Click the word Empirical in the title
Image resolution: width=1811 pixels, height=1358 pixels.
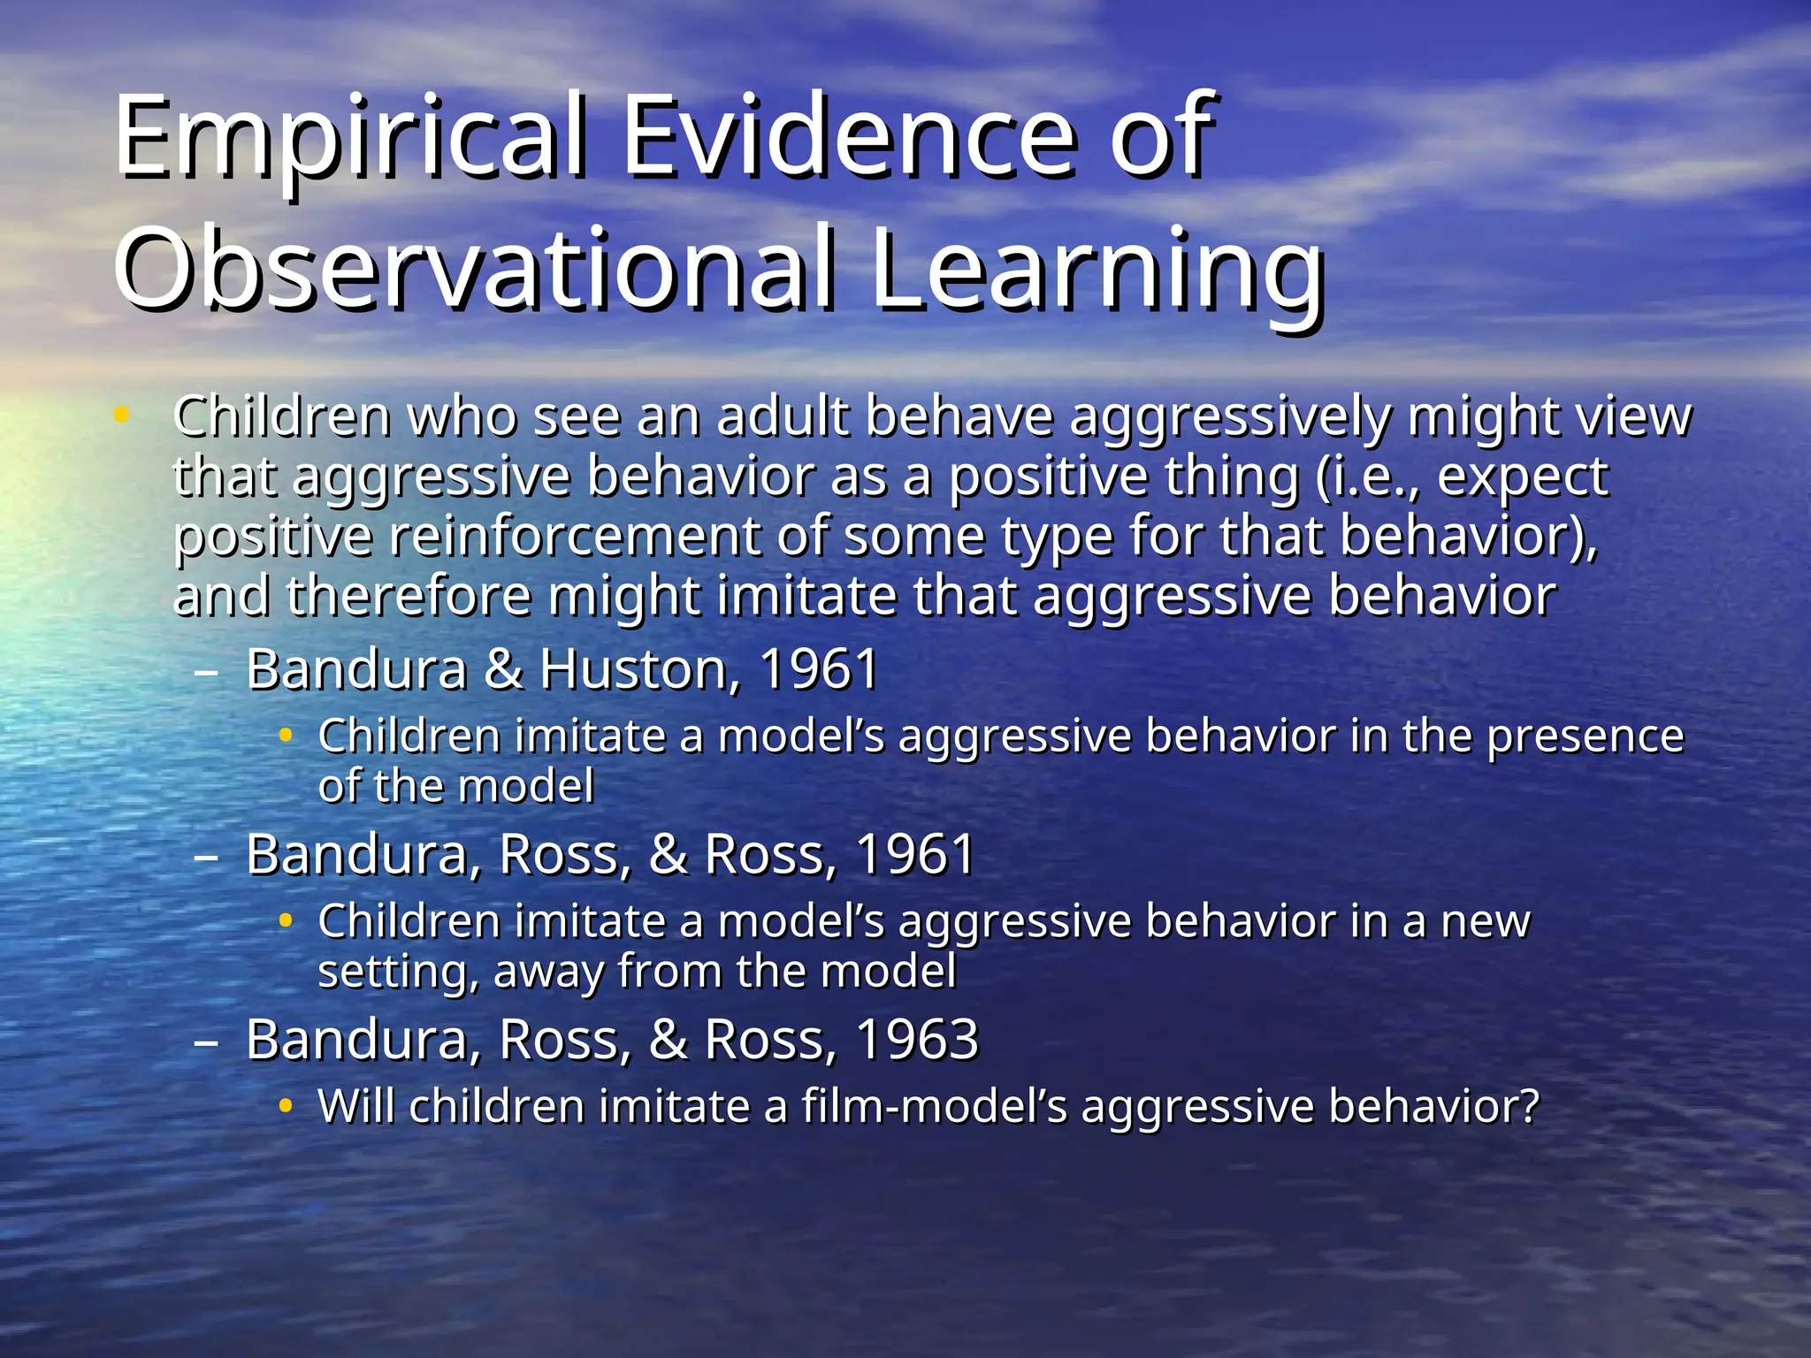[x=349, y=138]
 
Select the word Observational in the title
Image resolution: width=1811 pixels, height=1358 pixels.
[x=473, y=270]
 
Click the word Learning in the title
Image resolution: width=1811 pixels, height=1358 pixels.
[x=1097, y=270]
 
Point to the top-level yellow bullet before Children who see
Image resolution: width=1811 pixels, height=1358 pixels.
[x=122, y=414]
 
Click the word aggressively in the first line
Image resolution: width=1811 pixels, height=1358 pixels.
[x=1230, y=417]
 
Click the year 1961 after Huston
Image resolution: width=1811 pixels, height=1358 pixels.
[x=819, y=669]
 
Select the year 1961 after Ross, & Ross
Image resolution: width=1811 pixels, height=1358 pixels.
[x=915, y=855]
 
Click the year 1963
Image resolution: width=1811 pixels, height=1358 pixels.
[x=917, y=1040]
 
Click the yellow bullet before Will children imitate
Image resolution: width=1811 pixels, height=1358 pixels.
[x=285, y=1106]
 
